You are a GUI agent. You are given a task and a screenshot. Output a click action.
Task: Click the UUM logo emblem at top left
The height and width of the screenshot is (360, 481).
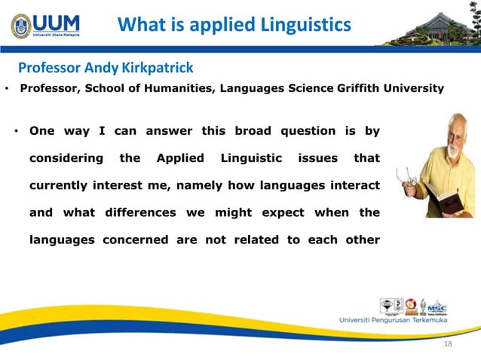point(21,25)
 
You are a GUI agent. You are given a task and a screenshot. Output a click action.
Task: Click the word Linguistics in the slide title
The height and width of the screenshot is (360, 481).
point(308,25)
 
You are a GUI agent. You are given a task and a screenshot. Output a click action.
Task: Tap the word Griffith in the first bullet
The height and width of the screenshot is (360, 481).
point(360,89)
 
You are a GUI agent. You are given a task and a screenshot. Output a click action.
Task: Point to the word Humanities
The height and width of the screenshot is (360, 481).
point(182,89)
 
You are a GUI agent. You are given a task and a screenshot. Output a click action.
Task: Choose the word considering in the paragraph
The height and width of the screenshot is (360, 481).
point(66,158)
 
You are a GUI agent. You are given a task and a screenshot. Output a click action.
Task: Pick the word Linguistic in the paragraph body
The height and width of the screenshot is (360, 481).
point(251,158)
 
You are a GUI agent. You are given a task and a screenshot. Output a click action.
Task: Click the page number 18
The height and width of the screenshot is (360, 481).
point(449,343)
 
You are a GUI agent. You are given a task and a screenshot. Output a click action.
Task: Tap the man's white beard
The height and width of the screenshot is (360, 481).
point(452,150)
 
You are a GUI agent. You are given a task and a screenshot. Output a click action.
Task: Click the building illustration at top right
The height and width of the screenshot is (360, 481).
point(437,28)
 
